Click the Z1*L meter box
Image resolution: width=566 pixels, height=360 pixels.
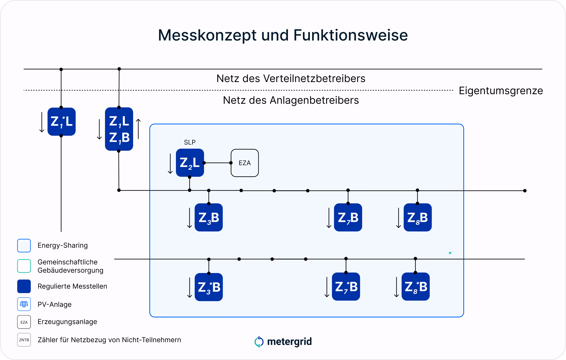[61, 122]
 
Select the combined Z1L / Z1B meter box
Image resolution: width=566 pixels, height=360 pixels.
[119, 129]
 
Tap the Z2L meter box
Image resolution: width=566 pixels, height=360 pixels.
[190, 163]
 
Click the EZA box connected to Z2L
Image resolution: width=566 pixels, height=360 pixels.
[245, 163]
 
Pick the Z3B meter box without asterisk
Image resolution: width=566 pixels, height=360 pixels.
[208, 217]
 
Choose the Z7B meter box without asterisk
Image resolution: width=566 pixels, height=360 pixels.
[348, 217]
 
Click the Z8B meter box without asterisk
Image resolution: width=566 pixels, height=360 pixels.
[417, 217]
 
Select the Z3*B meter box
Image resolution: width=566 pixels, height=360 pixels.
[208, 287]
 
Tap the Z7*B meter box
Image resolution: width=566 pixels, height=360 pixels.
[346, 286]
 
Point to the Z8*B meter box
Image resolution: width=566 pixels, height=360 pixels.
[415, 286]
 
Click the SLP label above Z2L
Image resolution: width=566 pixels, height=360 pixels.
[190, 142]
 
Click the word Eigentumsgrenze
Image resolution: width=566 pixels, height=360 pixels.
[501, 91]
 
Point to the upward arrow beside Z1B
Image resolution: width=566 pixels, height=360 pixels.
[139, 129]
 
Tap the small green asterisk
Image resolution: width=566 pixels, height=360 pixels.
[450, 253]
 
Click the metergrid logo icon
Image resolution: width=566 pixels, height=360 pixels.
[259, 342]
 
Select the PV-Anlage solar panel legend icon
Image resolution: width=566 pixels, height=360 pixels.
[24, 304]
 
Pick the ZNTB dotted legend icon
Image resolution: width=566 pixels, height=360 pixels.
[24, 340]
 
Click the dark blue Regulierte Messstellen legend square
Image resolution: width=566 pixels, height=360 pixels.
[24, 286]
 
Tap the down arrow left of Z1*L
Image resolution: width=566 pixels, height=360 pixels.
[42, 122]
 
